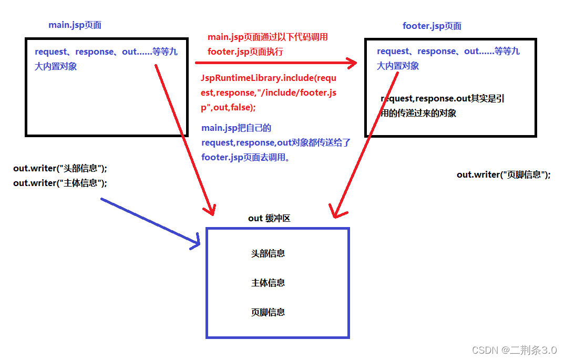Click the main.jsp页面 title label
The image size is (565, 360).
[x=75, y=25]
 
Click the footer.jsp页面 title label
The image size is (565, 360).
[x=432, y=26]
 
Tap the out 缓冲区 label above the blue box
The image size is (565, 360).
[x=269, y=218]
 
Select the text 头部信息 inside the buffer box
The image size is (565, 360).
[x=268, y=253]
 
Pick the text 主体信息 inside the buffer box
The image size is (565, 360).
[x=268, y=283]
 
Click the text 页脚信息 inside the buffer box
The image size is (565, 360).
[x=268, y=312]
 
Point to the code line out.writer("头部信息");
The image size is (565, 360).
[x=60, y=168]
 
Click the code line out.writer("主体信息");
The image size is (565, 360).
[x=60, y=183]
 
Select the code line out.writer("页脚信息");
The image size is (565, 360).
[x=504, y=174]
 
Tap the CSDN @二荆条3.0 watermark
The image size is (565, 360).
[x=514, y=350]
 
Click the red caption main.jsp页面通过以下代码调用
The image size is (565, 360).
[x=268, y=37]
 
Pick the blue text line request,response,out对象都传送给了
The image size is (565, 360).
[x=276, y=142]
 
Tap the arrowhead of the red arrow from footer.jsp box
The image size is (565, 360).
[x=335, y=212]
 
